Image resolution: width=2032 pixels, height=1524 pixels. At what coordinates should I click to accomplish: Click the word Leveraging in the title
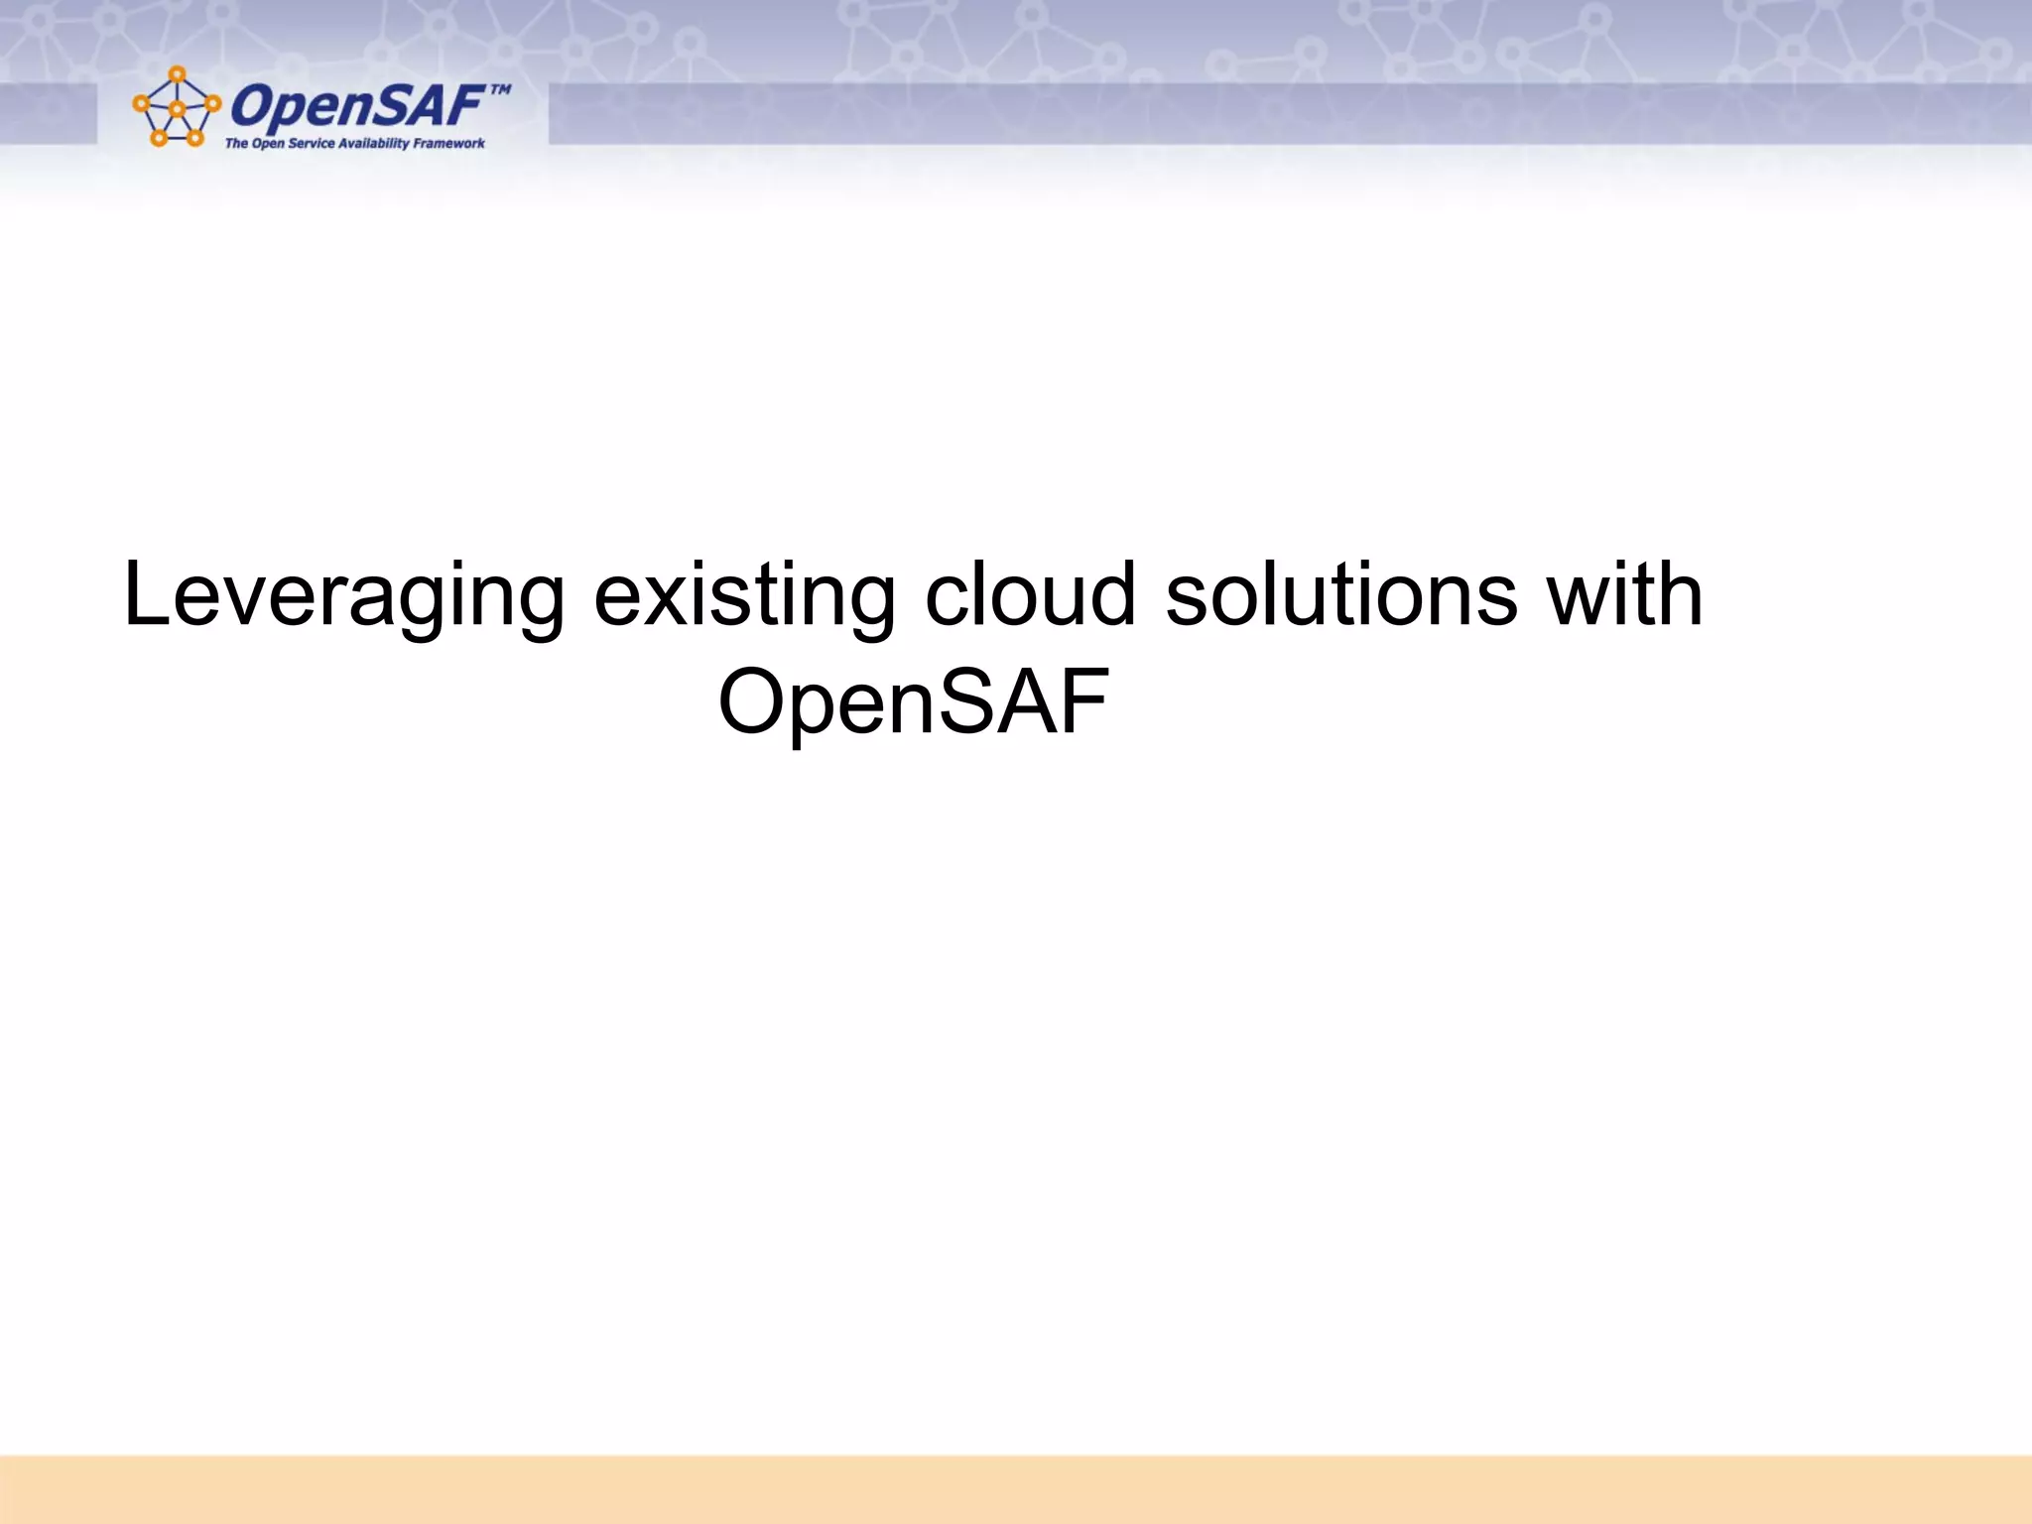pyautogui.click(x=342, y=594)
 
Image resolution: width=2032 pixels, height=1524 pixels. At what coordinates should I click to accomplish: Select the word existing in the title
pyautogui.click(x=744, y=594)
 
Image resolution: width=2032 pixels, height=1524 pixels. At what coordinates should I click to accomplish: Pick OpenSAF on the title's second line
pyautogui.click(x=913, y=701)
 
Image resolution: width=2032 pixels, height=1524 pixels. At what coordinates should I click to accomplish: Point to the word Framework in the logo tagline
pyautogui.click(x=449, y=143)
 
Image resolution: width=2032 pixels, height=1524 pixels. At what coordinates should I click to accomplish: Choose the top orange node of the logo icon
pyautogui.click(x=177, y=74)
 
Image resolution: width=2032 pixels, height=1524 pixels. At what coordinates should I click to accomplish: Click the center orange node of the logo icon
pyautogui.click(x=177, y=109)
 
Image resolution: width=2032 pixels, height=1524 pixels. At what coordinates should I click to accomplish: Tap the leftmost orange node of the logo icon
pyautogui.click(x=141, y=103)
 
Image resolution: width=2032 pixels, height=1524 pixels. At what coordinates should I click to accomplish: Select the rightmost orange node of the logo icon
pyautogui.click(x=212, y=103)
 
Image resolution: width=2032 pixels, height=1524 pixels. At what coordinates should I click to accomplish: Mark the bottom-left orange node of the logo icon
pyautogui.click(x=159, y=138)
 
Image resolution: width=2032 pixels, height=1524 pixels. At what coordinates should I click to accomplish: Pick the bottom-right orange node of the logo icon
pyautogui.click(x=194, y=138)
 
